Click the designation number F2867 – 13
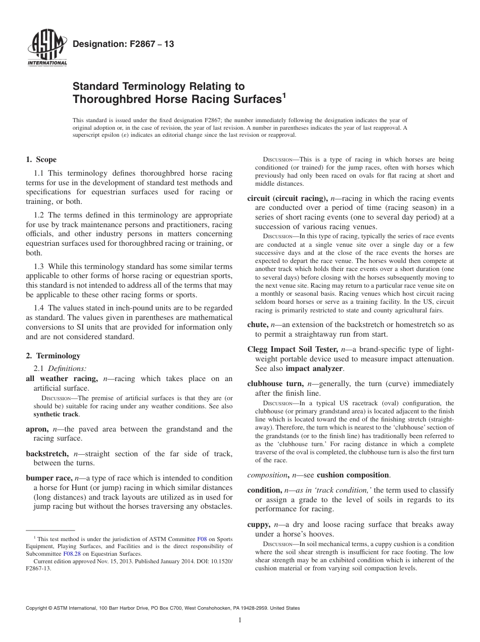[124, 44]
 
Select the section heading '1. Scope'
[41, 160]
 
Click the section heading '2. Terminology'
[53, 356]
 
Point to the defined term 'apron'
[37, 429]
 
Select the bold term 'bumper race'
[49, 478]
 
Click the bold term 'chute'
[257, 325]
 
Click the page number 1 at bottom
[240, 620]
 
